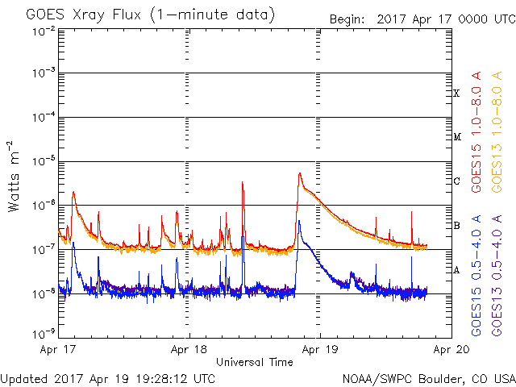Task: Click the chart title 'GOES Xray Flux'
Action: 84,15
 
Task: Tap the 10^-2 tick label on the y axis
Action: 44,32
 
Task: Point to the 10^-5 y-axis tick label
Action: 44,161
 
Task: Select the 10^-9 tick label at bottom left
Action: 44,335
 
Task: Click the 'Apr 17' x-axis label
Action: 58,350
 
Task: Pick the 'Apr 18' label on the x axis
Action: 189,350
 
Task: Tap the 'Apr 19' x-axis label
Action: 320,350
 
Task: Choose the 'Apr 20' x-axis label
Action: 451,350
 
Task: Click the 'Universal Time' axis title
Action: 255,362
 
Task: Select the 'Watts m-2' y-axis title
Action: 14,177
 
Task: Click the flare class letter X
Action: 456,94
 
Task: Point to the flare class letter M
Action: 457,137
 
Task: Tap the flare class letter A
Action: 456,271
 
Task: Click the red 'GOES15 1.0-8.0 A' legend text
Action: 476,132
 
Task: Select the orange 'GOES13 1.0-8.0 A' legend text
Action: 497,132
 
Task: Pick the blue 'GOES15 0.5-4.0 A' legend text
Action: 476,276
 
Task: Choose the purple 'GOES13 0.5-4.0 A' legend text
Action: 497,276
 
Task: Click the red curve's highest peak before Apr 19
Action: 300,173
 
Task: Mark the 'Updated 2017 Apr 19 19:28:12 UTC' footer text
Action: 107,379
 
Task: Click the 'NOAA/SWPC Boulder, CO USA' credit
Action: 429,379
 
